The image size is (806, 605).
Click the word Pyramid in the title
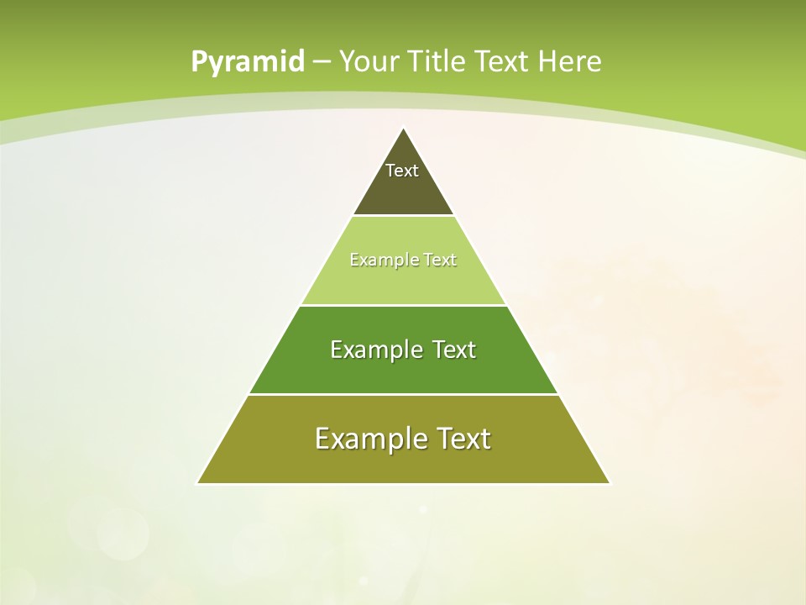pos(247,62)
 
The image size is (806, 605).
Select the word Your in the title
pos(369,61)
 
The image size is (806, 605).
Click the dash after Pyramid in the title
pos(321,62)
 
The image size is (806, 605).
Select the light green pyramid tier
pos(403,281)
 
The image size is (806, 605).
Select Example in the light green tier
pos(380,260)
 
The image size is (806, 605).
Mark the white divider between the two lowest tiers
pos(403,394)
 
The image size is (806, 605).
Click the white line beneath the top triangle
pos(403,216)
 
